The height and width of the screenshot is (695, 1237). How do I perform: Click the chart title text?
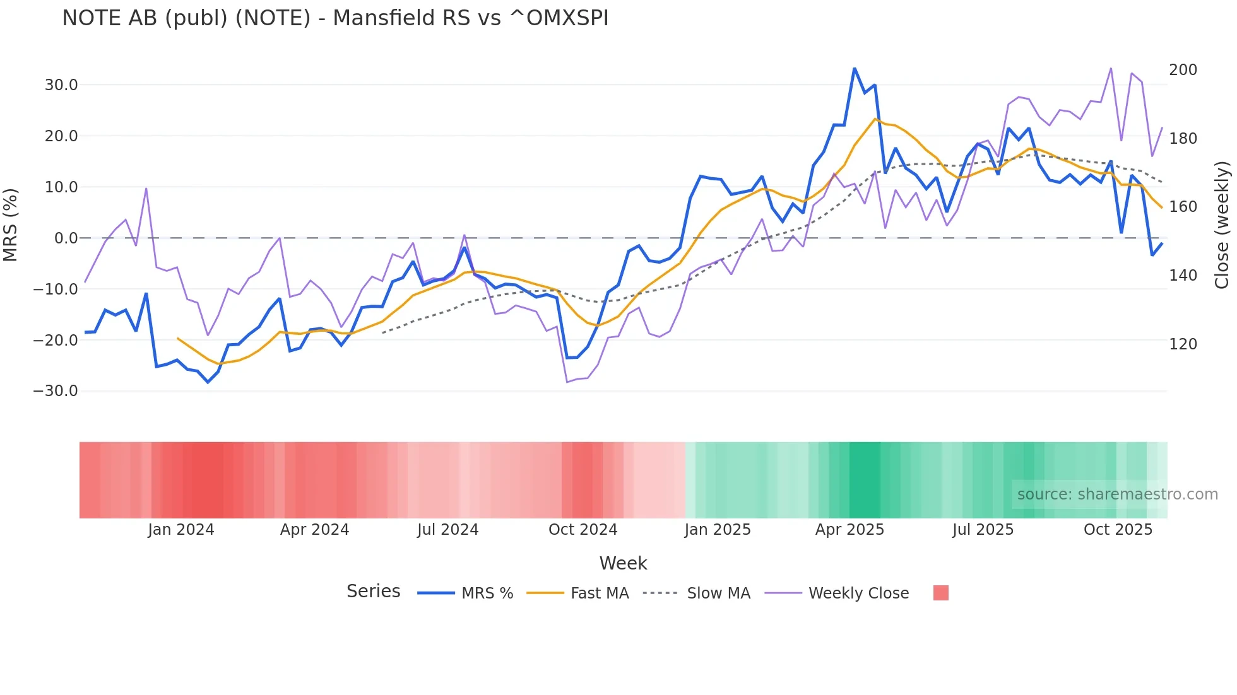335,18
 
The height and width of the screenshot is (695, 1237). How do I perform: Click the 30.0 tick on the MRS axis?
61,85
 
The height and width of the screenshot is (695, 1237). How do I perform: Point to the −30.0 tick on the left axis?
56,391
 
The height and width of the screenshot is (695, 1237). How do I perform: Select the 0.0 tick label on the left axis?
66,238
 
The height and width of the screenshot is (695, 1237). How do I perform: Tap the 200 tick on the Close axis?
1183,70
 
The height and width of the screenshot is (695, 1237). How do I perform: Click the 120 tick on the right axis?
1183,344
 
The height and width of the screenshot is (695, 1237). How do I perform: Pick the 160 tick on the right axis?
1183,207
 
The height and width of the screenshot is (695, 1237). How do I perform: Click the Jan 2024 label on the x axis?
181,530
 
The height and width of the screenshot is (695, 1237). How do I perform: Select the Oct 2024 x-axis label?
583,530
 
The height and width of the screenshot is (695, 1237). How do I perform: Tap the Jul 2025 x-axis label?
983,530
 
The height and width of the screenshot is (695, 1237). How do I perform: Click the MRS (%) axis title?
11,225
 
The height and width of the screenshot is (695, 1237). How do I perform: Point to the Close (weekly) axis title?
1222,225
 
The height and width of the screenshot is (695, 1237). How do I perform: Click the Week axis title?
623,563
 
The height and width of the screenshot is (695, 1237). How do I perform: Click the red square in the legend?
940,593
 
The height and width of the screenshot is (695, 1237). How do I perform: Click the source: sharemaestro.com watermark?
1117,494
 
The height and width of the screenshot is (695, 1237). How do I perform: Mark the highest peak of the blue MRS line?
855,69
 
